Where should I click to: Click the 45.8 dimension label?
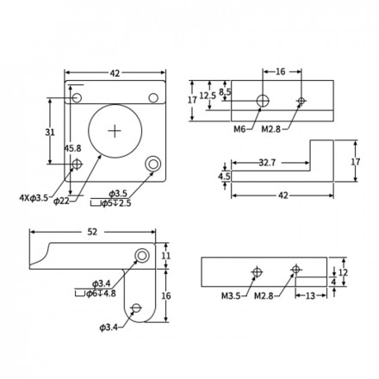(x=72, y=148)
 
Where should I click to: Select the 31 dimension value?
(x=50, y=133)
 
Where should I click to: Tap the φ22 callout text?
(x=61, y=201)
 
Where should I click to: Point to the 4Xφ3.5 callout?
(x=34, y=198)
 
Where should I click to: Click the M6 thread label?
(x=239, y=129)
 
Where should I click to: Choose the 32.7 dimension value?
(x=267, y=163)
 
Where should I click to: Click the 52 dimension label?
(x=92, y=232)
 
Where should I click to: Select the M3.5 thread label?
(x=231, y=295)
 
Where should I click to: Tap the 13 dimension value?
(x=310, y=295)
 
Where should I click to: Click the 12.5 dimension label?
(x=208, y=96)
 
